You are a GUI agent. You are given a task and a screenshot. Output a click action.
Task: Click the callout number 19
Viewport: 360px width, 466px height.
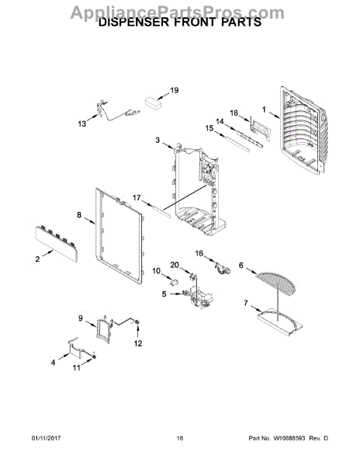(175, 91)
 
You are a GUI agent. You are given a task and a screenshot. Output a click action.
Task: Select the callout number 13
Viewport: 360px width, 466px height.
(82, 123)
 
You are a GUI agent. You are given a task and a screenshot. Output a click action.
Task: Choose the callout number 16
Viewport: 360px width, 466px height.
(199, 253)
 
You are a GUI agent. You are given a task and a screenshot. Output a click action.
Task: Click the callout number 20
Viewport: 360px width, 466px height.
(175, 265)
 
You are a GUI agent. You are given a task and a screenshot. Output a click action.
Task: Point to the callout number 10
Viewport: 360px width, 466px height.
(156, 271)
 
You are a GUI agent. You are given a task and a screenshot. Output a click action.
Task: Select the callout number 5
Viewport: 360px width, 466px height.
(164, 294)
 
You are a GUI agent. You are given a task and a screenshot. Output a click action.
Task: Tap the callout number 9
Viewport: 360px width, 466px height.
(80, 318)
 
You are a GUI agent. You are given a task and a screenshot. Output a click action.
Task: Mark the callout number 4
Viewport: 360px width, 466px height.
(54, 362)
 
